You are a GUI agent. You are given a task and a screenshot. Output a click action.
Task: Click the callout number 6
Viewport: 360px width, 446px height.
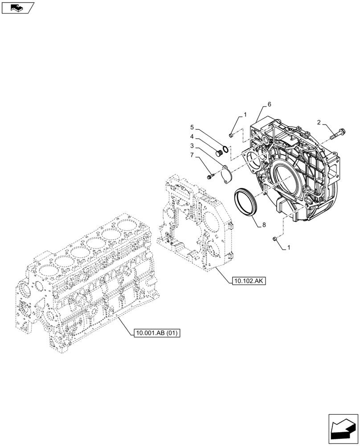(x=270, y=104)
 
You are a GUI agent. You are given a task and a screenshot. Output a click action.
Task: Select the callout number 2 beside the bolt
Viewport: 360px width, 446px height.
(x=319, y=122)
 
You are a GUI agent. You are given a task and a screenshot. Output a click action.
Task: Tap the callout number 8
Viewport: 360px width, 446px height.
(x=264, y=226)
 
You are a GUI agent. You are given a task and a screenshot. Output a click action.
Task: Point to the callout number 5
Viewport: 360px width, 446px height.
(x=192, y=127)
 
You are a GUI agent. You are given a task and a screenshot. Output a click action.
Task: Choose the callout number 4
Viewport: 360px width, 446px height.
(x=192, y=136)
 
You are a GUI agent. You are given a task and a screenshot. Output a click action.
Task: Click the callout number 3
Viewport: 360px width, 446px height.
(x=192, y=146)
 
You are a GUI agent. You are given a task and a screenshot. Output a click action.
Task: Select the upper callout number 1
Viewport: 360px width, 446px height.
(x=245, y=115)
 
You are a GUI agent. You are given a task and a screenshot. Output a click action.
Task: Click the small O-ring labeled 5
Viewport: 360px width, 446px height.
(x=226, y=149)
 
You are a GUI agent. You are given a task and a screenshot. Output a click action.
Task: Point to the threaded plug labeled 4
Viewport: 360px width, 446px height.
(x=219, y=154)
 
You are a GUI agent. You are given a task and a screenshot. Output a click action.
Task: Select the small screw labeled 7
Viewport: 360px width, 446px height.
(x=210, y=178)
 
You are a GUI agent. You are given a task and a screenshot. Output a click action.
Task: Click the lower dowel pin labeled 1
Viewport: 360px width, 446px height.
(x=276, y=240)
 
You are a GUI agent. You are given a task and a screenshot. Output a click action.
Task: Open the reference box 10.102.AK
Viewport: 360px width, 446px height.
(x=248, y=281)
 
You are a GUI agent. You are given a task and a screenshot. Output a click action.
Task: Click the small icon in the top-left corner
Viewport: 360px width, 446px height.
(x=17, y=7)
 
